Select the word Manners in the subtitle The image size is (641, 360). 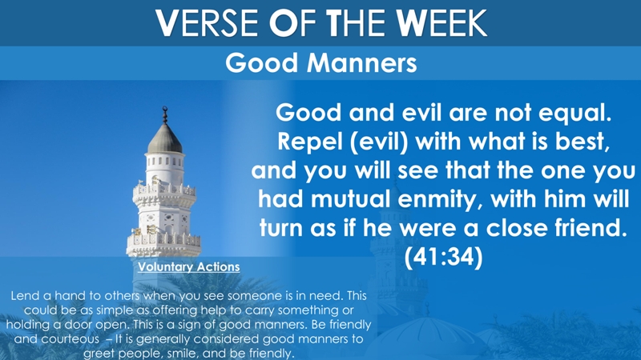(x=362, y=63)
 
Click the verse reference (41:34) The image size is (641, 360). (x=444, y=257)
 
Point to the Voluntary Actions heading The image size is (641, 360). (x=189, y=267)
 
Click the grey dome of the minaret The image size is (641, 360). (x=165, y=138)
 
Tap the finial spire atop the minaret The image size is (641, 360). (x=165, y=115)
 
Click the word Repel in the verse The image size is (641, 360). (x=308, y=142)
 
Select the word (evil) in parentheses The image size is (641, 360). (x=379, y=142)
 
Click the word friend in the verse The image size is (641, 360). (x=591, y=228)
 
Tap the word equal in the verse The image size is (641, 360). (x=574, y=113)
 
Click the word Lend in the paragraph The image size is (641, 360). (x=23, y=295)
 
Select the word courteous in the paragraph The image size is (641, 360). (x=70, y=339)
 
